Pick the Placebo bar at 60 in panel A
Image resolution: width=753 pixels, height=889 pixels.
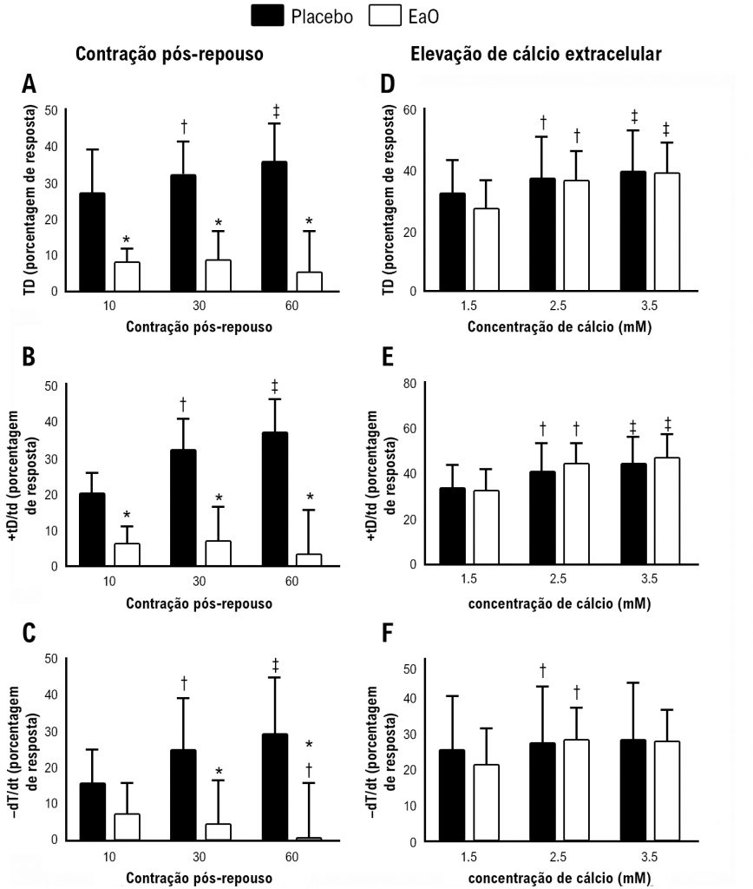274,226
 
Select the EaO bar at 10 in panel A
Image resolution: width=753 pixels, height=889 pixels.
127,276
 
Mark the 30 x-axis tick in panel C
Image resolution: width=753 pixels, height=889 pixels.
201,857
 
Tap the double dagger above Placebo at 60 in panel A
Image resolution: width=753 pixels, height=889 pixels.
276,111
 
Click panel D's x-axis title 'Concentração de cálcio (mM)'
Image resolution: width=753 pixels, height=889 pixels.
560,327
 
